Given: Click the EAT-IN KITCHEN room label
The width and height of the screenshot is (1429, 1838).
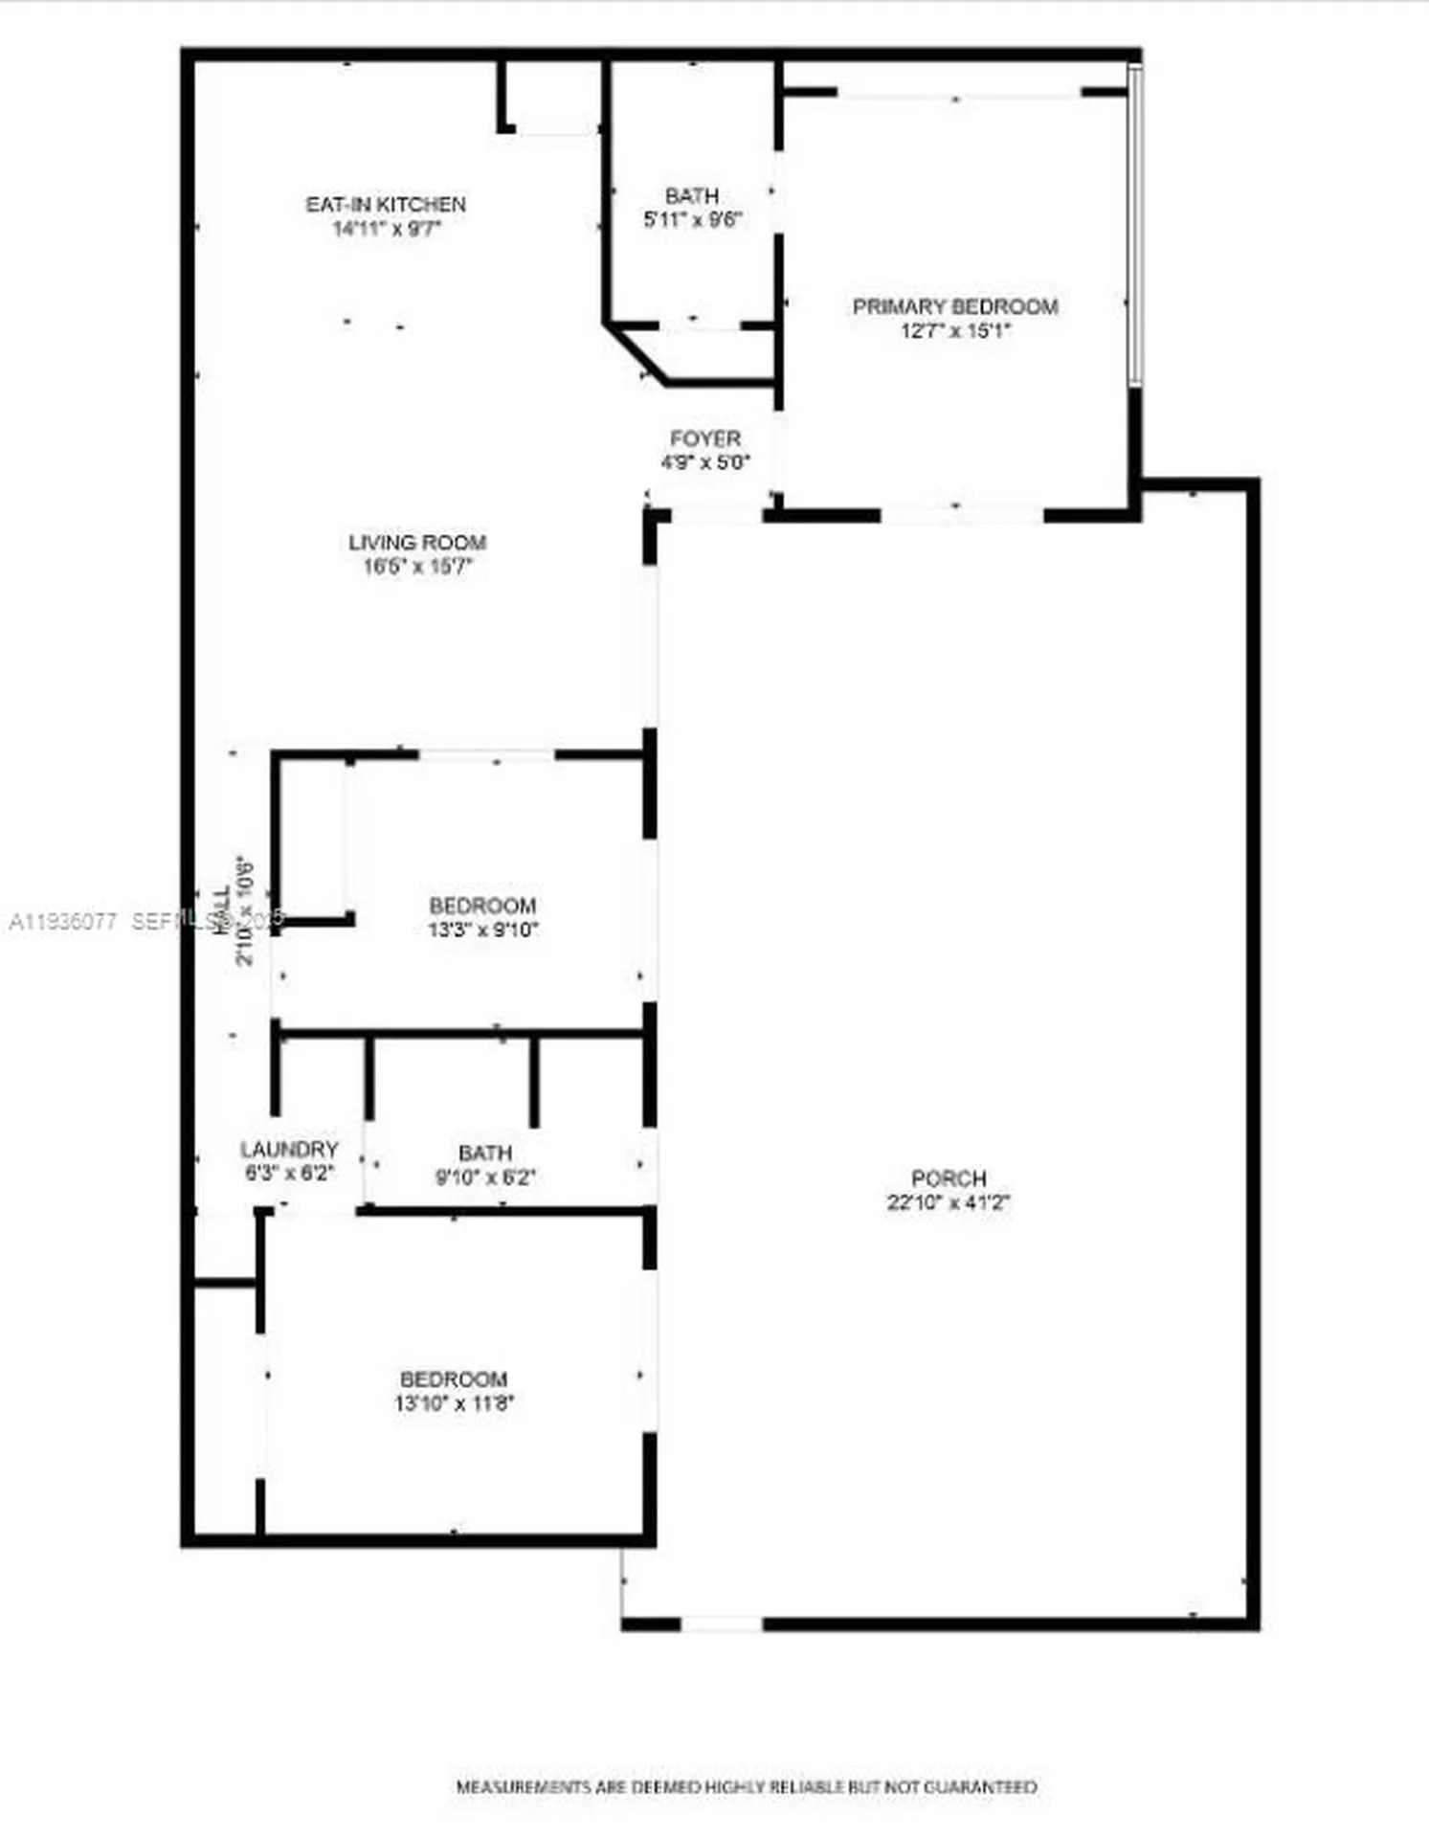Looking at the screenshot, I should click(x=386, y=205).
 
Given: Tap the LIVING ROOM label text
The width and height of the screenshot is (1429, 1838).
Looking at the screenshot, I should click(x=417, y=543).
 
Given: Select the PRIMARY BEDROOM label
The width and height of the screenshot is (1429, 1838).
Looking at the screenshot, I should click(x=955, y=307).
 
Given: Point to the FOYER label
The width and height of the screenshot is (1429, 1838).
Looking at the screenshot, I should click(x=705, y=439).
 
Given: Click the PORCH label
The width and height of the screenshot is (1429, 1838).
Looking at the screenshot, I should click(x=949, y=1178).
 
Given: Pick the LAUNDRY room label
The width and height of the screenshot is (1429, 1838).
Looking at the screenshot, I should click(x=289, y=1150).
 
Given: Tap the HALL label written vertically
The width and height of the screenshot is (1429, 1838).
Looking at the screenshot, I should click(x=222, y=909).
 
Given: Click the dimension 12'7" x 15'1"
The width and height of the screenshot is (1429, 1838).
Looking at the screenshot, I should click(x=955, y=331).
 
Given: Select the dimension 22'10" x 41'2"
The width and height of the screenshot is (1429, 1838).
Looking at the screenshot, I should click(x=949, y=1202).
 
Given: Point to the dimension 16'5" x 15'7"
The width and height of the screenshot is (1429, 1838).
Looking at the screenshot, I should click(x=417, y=567).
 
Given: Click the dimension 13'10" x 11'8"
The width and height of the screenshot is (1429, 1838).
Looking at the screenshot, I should click(x=454, y=1403).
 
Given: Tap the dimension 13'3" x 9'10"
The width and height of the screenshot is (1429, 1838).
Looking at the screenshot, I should click(x=483, y=930).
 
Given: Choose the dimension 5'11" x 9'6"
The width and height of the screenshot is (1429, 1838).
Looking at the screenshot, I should click(x=692, y=219).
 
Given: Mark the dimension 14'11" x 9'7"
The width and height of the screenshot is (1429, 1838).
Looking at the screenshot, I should click(x=386, y=229).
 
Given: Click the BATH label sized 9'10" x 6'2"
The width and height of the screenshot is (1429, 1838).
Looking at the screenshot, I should click(x=485, y=1154).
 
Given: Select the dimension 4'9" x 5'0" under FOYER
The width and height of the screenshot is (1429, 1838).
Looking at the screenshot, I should click(x=705, y=462).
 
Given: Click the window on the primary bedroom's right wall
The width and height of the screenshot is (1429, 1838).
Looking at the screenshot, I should click(x=1135, y=225).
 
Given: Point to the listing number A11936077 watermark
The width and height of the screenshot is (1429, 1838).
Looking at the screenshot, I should click(x=63, y=922).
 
